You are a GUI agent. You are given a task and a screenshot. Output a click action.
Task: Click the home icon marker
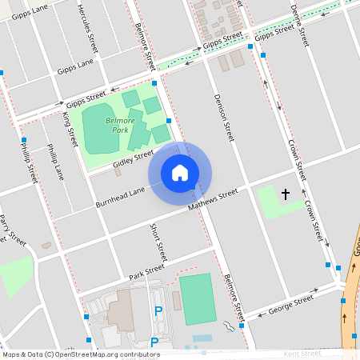coord(180,173)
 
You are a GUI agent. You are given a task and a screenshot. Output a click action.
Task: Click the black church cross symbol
coord(286,194)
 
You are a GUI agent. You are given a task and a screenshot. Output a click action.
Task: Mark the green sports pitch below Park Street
coord(196,298)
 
